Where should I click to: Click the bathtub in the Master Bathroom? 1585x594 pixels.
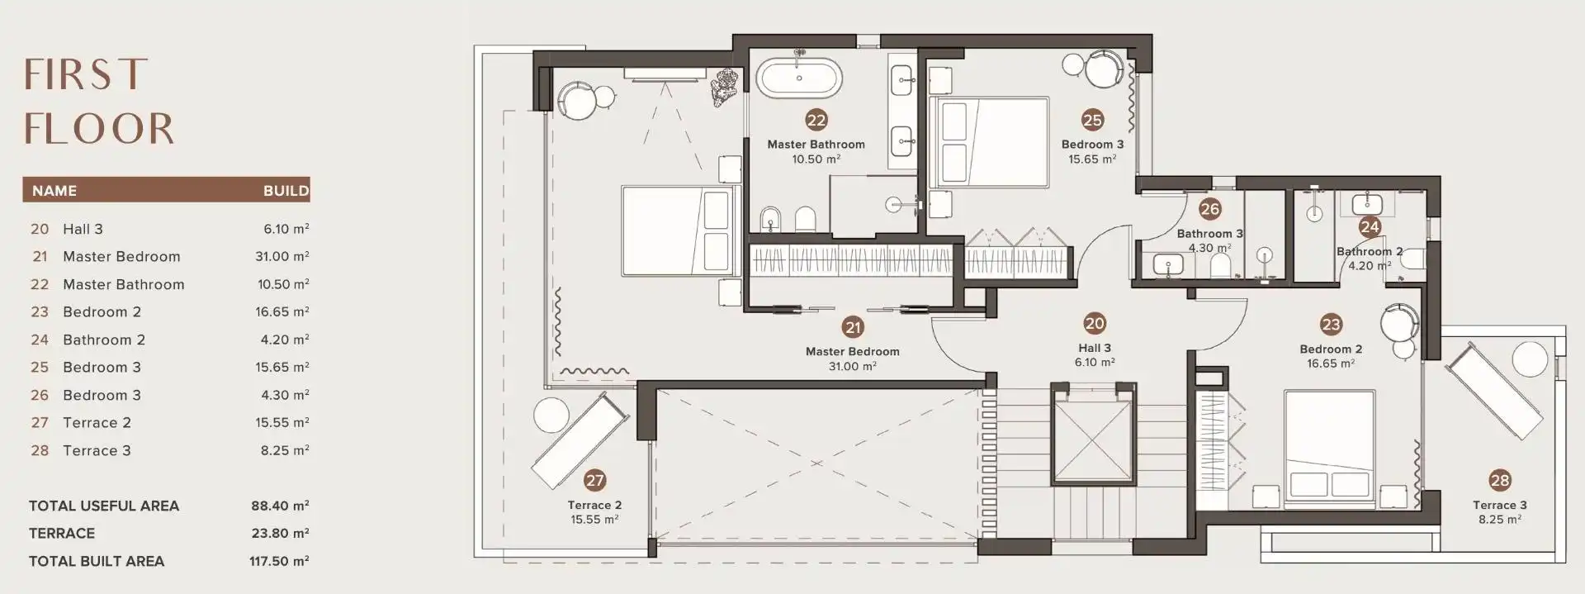(800, 78)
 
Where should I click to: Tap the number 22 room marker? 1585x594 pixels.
(816, 121)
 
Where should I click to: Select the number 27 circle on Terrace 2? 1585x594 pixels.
(594, 479)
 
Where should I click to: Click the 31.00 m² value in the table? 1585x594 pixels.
(282, 257)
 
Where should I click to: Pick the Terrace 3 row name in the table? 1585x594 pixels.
(97, 450)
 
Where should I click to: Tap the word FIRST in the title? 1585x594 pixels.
(86, 75)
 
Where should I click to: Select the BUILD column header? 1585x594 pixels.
(286, 191)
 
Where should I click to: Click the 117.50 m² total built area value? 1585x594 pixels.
(279, 561)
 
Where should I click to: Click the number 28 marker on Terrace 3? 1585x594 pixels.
(1500, 479)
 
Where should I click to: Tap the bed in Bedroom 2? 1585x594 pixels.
(1329, 444)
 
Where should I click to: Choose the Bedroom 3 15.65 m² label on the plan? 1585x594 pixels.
(1092, 151)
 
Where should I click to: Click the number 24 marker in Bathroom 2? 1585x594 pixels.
(1370, 226)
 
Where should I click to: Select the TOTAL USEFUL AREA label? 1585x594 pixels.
(104, 506)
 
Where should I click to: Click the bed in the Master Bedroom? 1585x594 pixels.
(677, 230)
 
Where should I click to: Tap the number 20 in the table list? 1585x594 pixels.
(40, 229)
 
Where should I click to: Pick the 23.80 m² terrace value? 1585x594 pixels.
(280, 534)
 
